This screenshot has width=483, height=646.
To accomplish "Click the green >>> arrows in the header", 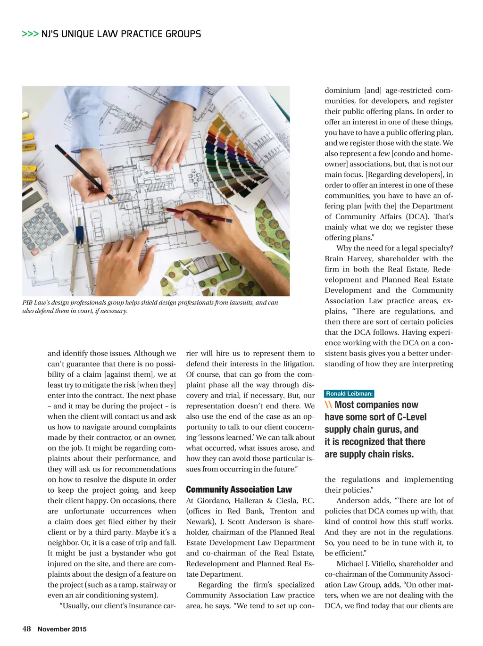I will click(x=30, y=34).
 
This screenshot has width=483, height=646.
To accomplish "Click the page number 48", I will click(x=26, y=629).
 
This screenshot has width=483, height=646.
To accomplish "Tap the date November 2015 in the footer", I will click(x=62, y=629).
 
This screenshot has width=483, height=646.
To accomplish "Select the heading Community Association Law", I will click(x=239, y=489).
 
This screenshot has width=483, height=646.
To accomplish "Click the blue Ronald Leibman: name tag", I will click(x=349, y=394).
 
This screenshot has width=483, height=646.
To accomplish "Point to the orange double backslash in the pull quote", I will click(x=328, y=405).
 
